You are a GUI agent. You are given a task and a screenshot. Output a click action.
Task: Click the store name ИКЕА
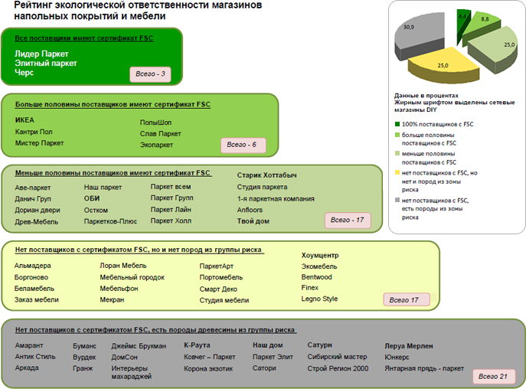25,120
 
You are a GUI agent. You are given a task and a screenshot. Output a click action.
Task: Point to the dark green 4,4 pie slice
462,25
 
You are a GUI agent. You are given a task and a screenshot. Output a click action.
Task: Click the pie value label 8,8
485,19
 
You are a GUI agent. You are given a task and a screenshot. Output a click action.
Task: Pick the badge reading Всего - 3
150,74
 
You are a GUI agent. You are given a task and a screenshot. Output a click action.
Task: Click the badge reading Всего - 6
243,145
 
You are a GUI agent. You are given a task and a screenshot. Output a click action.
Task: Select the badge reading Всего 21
493,377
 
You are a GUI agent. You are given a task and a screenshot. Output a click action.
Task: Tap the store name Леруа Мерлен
409,346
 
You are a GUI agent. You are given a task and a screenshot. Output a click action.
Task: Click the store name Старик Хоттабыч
266,175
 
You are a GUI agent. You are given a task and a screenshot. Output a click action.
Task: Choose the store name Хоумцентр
320,256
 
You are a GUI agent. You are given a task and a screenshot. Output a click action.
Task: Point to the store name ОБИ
92,198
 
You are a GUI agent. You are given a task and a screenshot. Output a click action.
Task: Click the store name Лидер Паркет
41,54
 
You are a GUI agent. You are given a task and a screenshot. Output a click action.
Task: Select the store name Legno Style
319,299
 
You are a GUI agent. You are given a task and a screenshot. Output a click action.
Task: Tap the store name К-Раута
197,345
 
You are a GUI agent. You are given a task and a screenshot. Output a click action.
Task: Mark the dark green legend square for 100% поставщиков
397,124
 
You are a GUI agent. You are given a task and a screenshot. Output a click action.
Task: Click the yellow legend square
397,172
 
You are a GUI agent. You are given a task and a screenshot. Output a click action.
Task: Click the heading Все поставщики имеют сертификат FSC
84,38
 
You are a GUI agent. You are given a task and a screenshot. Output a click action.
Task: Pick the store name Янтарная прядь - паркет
424,368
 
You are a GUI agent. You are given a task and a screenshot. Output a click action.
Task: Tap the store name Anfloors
250,210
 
